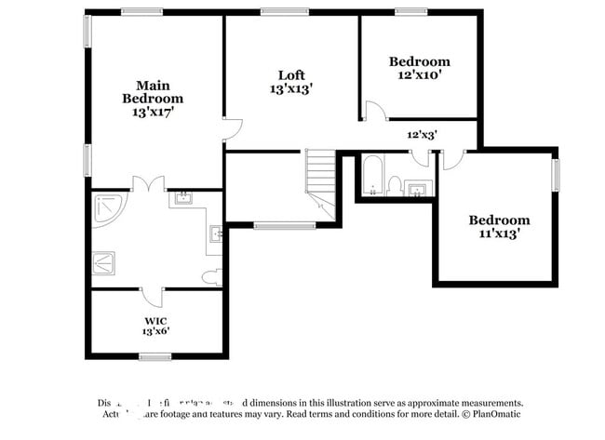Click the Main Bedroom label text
coord(153,91)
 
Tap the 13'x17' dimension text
coord(153,111)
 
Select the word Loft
coord(291,75)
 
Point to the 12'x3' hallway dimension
coord(422,134)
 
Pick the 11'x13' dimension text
coord(499,233)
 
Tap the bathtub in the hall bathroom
coord(372,176)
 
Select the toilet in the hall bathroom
coord(395,186)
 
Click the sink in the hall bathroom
coord(419,190)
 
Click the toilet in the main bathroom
coord(212,276)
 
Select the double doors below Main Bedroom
coord(148,184)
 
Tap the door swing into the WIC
coord(153,297)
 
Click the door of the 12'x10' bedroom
coord(375,113)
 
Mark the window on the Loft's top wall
coord(284,11)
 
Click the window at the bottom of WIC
coord(155,356)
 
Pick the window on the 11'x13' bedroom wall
coord(556,174)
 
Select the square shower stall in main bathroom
coord(103,263)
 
